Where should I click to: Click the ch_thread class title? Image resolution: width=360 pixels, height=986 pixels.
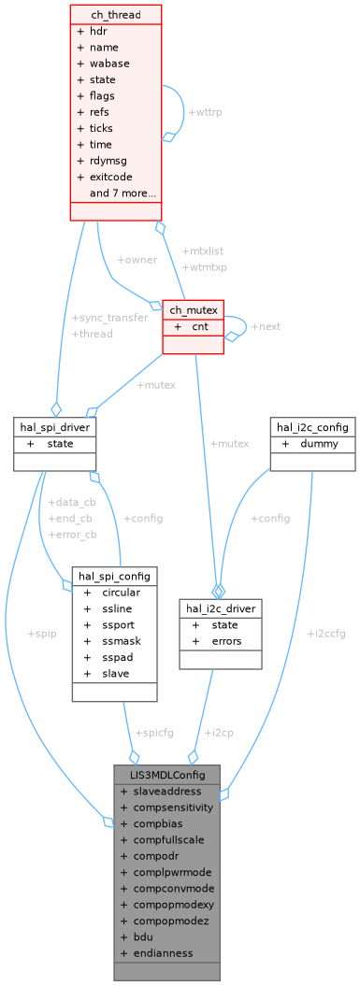click(x=115, y=15)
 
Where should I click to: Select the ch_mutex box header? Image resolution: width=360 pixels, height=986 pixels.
click(x=194, y=309)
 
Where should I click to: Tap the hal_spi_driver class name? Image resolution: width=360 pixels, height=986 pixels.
click(x=56, y=427)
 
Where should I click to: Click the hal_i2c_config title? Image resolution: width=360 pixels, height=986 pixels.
click(x=312, y=427)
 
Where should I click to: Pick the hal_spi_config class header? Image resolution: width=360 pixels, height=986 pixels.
click(x=114, y=575)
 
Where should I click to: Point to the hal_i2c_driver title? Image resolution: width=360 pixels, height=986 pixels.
click(x=220, y=607)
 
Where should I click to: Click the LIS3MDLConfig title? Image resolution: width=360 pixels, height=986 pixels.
click(x=166, y=774)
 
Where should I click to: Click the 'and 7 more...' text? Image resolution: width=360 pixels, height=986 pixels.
click(x=122, y=193)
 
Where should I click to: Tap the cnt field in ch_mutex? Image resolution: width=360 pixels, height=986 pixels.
click(x=200, y=326)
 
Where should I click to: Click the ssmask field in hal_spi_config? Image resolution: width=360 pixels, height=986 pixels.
click(x=121, y=640)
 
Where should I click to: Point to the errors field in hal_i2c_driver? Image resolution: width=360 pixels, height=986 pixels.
click(x=226, y=640)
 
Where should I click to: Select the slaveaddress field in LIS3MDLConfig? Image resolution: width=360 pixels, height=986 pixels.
click(x=167, y=791)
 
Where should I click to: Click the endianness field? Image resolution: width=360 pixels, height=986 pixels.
click(x=163, y=952)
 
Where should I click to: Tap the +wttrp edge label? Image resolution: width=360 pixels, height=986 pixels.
click(x=206, y=112)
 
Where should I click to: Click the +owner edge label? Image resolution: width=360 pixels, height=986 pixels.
click(x=137, y=259)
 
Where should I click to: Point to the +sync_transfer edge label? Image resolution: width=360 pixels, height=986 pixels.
click(x=109, y=318)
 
